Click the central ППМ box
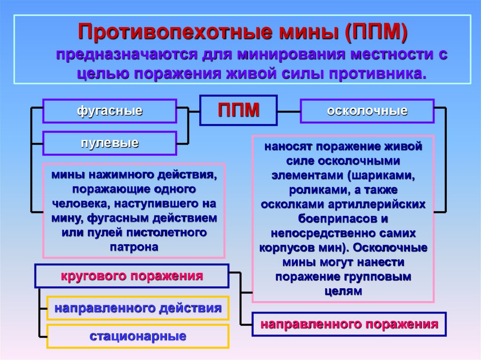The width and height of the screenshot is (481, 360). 238,111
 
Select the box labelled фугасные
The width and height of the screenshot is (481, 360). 109,111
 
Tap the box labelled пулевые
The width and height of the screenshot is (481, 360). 109,143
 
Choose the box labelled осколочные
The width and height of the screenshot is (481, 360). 367,111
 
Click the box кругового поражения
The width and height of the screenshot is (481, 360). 132,276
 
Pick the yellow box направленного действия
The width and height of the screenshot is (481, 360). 138,308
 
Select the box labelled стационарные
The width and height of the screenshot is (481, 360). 138,336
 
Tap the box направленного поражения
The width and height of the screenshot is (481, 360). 349,324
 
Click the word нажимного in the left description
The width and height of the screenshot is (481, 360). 112,175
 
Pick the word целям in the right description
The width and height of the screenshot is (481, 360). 343,291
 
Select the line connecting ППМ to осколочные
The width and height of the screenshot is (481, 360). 288,112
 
